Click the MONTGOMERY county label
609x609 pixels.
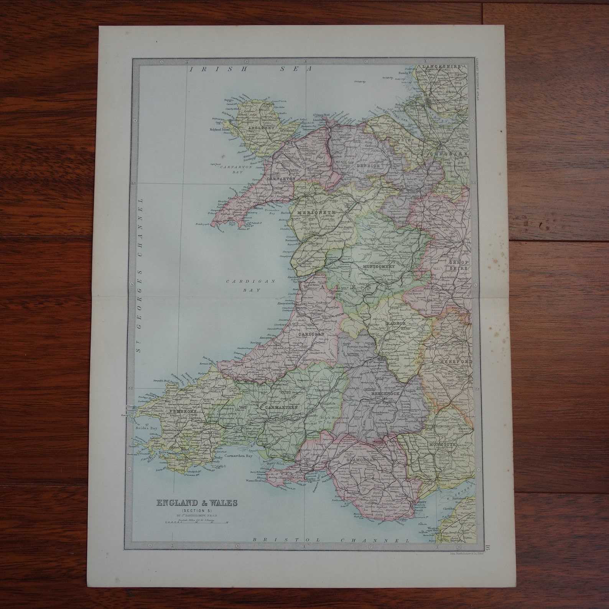pos(378,265)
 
